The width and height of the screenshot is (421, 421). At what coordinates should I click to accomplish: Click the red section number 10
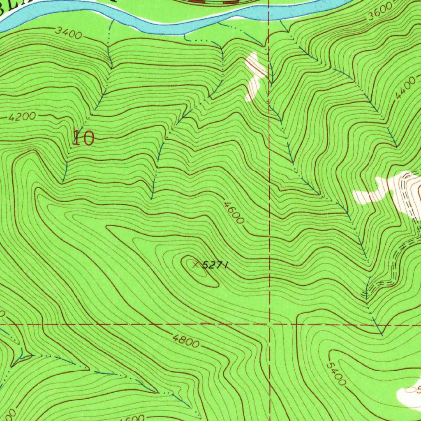(83, 138)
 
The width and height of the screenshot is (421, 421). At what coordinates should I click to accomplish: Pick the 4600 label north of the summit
(234, 212)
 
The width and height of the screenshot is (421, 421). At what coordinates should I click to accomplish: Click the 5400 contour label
(335, 373)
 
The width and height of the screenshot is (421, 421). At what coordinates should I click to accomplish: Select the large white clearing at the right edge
(391, 191)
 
